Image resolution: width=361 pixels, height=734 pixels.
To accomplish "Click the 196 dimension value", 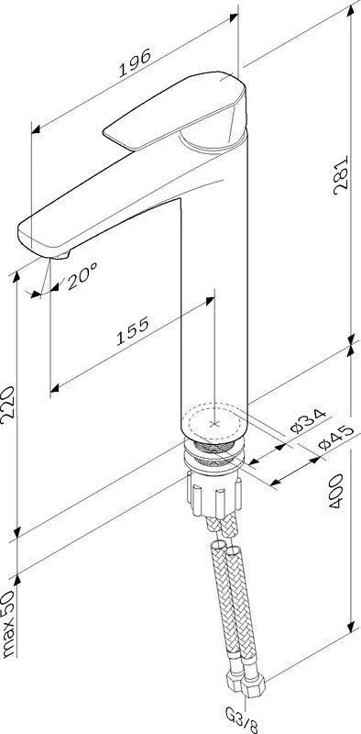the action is pyautogui.click(x=135, y=62).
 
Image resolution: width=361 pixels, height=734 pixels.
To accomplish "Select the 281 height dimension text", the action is pyautogui.click(x=342, y=175).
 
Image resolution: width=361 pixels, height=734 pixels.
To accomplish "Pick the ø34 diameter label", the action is pyautogui.click(x=307, y=421).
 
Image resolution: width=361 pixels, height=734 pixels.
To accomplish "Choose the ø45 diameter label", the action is pyautogui.click(x=334, y=438).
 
